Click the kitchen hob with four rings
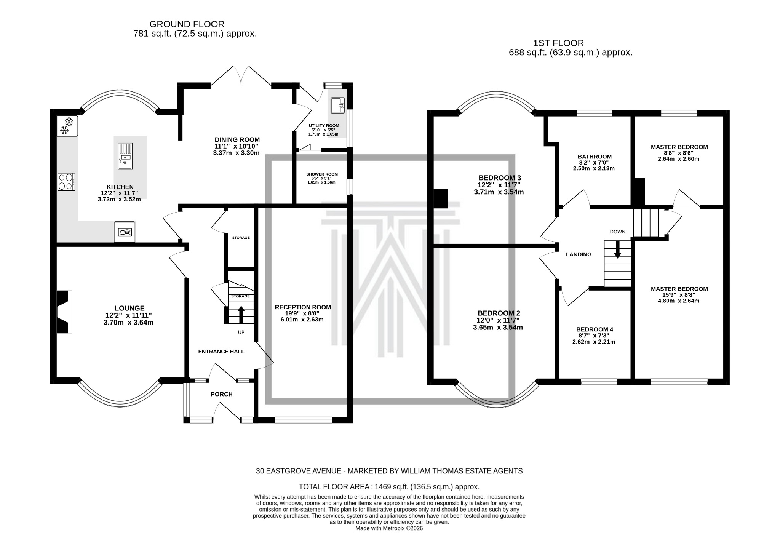(x=66, y=182)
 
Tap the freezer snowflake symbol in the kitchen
(x=67, y=126)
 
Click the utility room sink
(x=337, y=106)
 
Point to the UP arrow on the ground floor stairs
(x=241, y=314)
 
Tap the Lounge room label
(x=129, y=308)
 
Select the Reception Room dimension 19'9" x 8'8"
(x=302, y=313)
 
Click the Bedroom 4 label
(x=595, y=329)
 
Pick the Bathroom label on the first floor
(x=595, y=157)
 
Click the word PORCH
(x=221, y=394)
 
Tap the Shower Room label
(x=322, y=174)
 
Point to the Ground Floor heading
(x=187, y=24)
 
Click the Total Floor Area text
(x=389, y=487)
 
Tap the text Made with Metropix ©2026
(x=389, y=528)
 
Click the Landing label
(x=579, y=254)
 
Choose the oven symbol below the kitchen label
(x=124, y=232)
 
